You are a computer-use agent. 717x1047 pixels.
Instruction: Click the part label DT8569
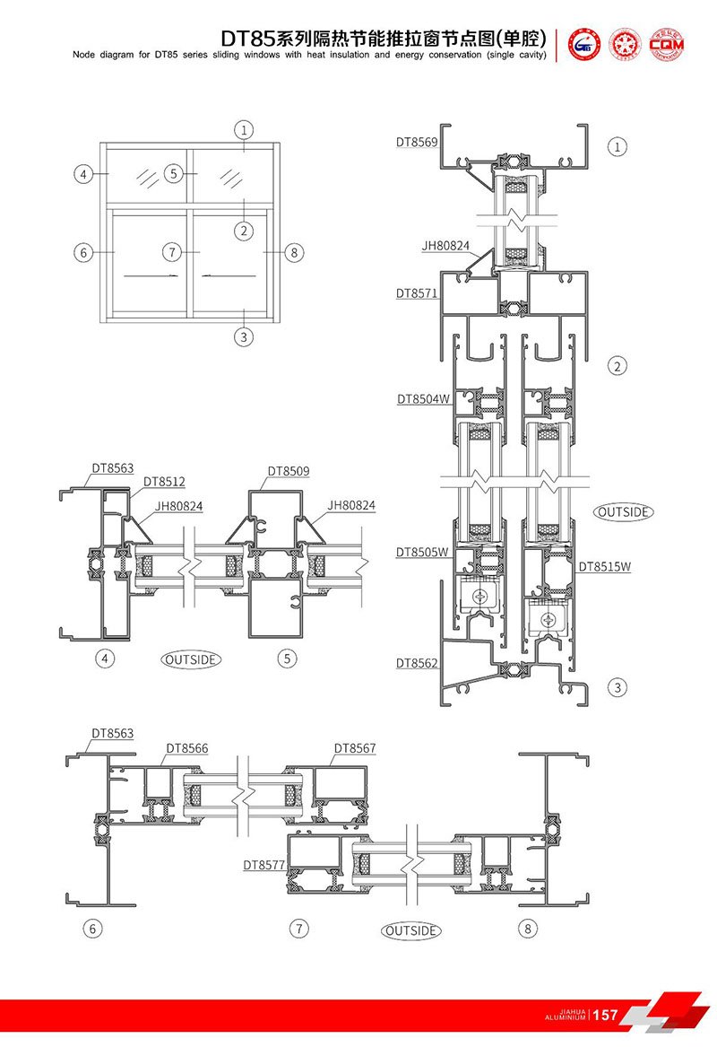(x=417, y=141)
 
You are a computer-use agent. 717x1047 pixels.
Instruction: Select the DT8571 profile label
(x=417, y=293)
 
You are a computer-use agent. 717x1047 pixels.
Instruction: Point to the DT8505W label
(x=421, y=553)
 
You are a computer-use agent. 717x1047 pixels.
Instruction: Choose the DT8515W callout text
(x=604, y=566)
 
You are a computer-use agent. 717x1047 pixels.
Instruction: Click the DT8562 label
(x=417, y=663)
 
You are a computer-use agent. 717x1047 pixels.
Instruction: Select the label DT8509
(x=288, y=471)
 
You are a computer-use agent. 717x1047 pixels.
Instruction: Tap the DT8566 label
(x=186, y=748)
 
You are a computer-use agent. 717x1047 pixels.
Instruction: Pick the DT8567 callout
(x=355, y=748)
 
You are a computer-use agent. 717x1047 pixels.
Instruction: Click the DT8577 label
(x=263, y=866)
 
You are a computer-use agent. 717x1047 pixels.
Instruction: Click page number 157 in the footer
(x=606, y=1015)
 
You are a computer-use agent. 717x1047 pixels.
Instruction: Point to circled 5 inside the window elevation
(x=174, y=173)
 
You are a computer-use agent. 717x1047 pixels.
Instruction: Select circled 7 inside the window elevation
(x=174, y=252)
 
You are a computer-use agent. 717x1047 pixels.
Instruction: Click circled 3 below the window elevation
(x=244, y=337)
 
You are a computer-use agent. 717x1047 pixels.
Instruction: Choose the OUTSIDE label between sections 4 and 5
(x=191, y=659)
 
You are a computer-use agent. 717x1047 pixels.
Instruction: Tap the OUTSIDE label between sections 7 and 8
(x=411, y=931)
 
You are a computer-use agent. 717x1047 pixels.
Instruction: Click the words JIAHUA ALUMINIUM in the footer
(x=566, y=1015)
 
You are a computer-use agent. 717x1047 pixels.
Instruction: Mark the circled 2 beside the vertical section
(x=617, y=365)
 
